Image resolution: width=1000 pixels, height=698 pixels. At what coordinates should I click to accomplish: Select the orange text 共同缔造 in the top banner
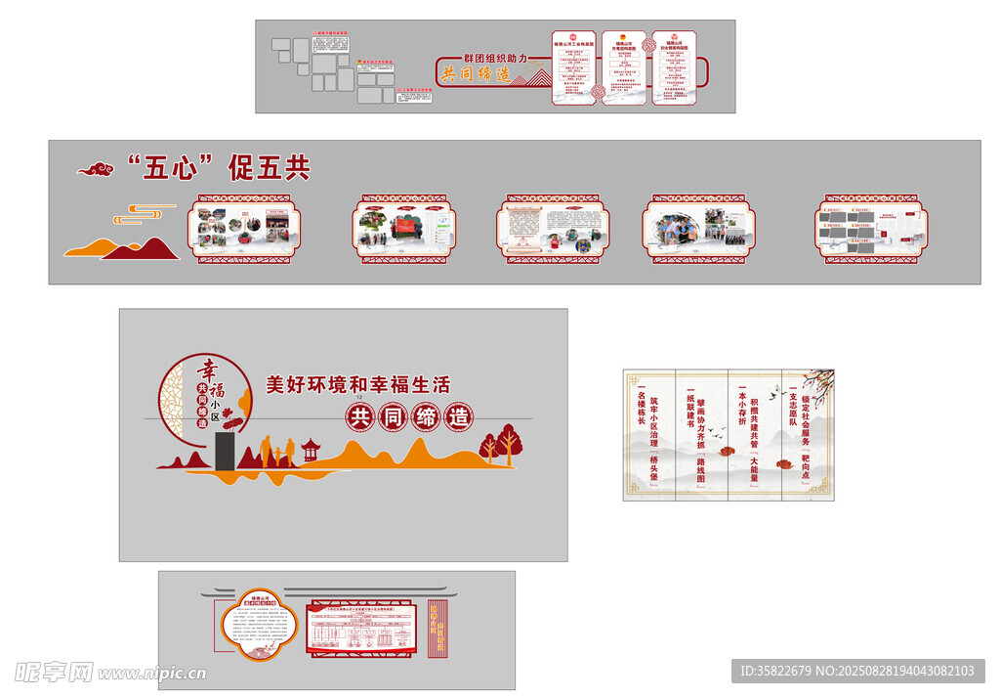pyautogui.click(x=477, y=73)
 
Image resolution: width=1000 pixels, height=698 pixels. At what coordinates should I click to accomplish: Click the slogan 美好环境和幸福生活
pyautogui.click(x=358, y=385)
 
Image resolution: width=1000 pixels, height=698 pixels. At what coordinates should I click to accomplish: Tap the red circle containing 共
pyautogui.click(x=360, y=416)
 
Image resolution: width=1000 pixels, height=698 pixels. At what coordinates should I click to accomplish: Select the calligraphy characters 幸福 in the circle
pyautogui.click(x=207, y=375)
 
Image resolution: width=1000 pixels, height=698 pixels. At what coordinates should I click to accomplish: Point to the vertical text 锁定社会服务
pyautogui.click(x=806, y=420)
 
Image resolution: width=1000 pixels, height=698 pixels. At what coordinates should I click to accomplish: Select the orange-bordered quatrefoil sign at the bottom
pyautogui.click(x=258, y=626)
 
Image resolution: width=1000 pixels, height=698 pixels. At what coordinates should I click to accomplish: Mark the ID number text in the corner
pyautogui.click(x=857, y=671)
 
